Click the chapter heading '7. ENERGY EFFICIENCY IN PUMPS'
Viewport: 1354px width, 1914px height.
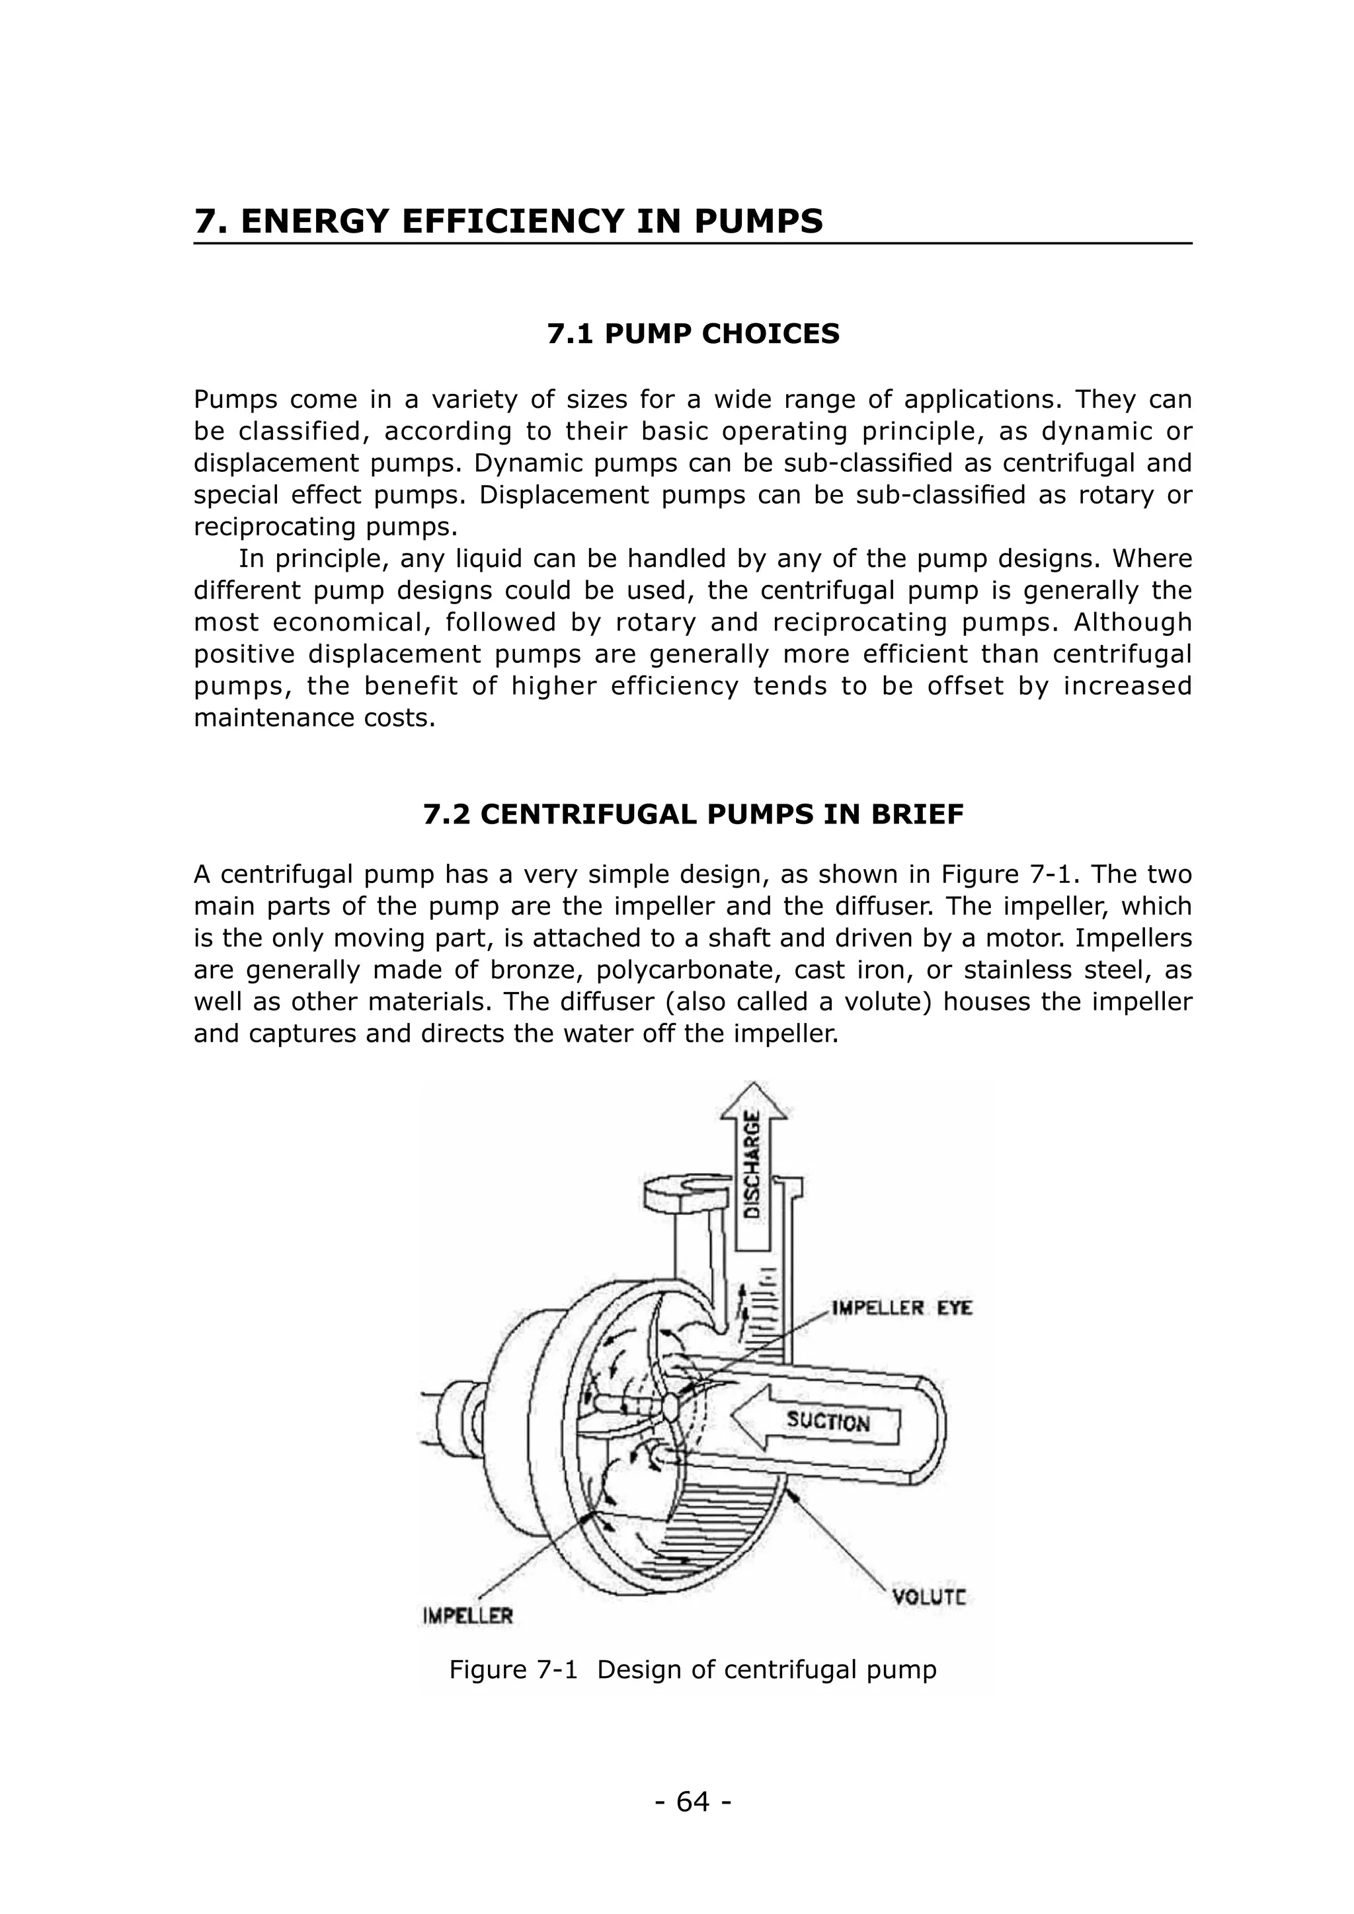click(x=508, y=222)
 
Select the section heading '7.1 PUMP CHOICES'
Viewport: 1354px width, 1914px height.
click(x=693, y=334)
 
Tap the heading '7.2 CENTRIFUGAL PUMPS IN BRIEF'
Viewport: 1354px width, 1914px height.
click(x=693, y=814)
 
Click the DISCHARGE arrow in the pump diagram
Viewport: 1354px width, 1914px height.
click(x=753, y=1163)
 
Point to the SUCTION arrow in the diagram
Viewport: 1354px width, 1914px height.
click(x=830, y=1420)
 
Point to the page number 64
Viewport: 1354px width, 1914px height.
click(x=693, y=1802)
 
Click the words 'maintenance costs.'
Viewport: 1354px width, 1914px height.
click(x=314, y=718)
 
